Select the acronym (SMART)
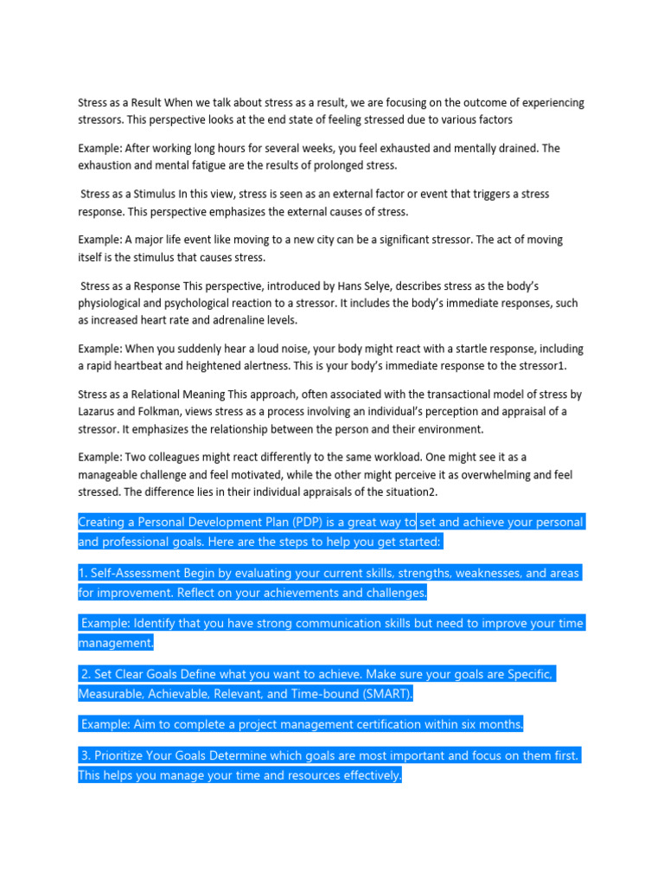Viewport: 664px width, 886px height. point(384,694)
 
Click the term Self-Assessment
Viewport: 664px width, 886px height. point(137,573)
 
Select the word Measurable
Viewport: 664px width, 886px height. point(111,694)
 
